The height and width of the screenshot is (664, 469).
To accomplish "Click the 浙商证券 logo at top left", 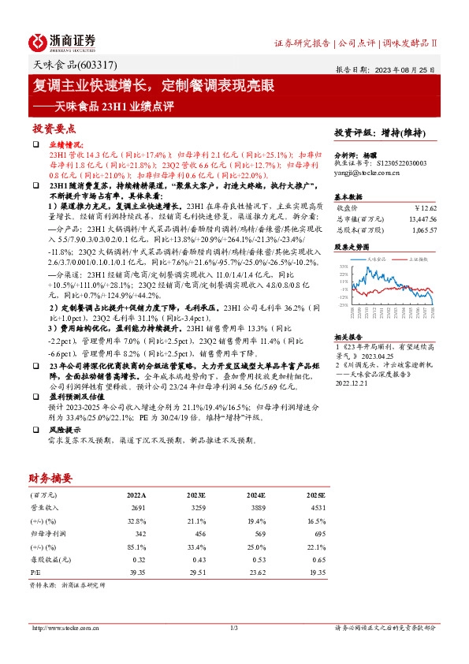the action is pos(62,42).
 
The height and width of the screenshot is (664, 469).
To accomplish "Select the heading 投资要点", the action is pos(54,128).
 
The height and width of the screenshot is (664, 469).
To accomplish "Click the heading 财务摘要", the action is pos(50,478).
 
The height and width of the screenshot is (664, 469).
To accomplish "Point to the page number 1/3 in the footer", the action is pos(233,628).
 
